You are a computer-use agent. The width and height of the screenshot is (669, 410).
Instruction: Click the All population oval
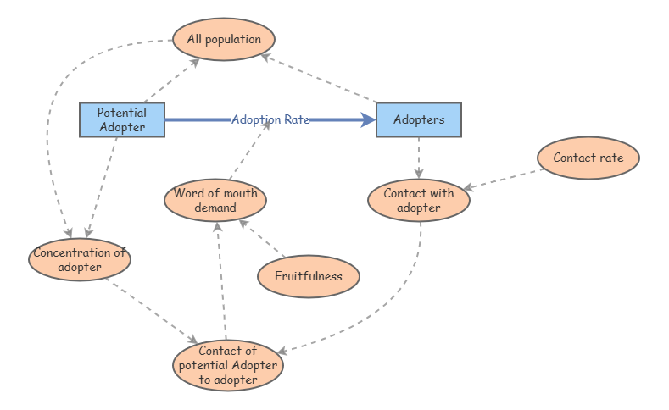(x=223, y=40)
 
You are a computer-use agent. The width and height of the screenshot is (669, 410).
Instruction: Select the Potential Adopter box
(x=121, y=120)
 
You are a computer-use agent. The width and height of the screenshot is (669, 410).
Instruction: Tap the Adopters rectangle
(x=419, y=119)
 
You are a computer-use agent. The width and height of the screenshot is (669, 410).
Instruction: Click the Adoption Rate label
(x=270, y=119)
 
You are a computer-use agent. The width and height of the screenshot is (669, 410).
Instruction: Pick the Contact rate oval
(x=588, y=158)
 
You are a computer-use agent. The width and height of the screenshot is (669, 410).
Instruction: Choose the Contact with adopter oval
(x=419, y=200)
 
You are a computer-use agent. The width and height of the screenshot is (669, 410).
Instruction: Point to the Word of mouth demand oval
(x=215, y=200)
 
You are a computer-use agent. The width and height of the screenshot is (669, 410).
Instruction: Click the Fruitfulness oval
(x=309, y=276)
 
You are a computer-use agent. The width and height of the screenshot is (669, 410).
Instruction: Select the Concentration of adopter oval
(x=80, y=259)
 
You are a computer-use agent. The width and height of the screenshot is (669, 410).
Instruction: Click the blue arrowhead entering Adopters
(x=368, y=120)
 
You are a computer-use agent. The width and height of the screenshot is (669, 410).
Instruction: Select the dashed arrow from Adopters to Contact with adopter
(x=419, y=158)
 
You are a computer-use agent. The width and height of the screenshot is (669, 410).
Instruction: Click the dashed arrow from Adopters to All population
(x=322, y=79)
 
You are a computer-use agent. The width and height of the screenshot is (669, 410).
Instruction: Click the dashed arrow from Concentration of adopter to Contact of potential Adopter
(x=153, y=310)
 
